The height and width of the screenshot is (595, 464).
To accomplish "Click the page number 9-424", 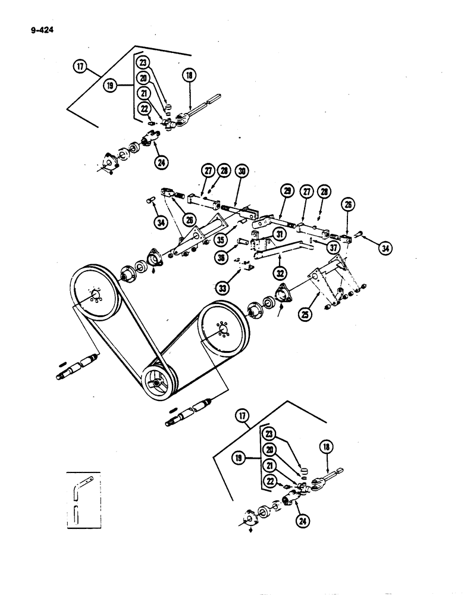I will pos(36,26).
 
